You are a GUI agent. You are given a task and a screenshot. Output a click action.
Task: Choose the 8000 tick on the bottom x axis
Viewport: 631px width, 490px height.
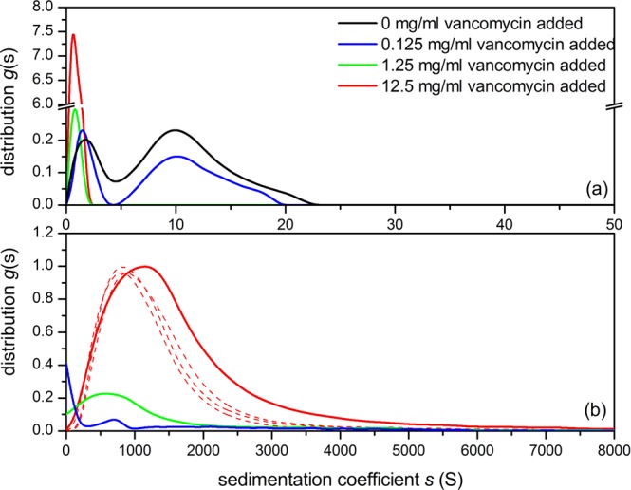pos(612,447)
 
